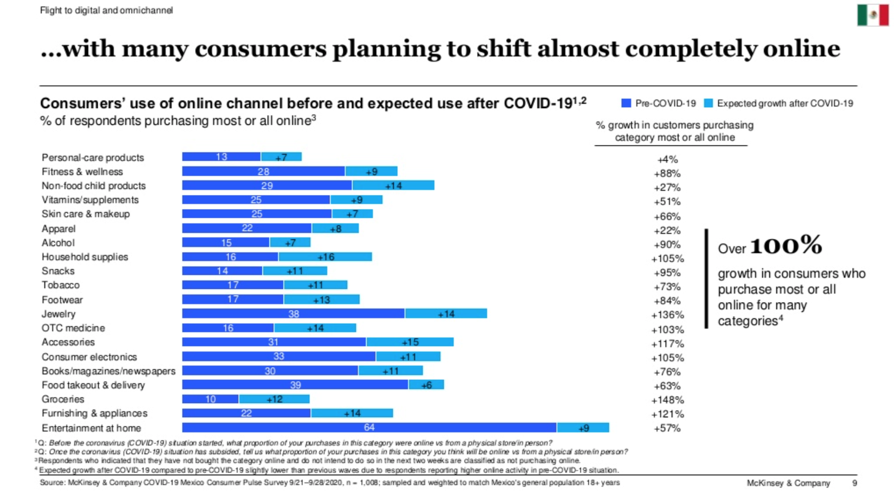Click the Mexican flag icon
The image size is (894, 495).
click(873, 15)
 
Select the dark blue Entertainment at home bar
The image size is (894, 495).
click(369, 428)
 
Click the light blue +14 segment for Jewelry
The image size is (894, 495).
click(446, 314)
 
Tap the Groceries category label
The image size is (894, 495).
click(63, 399)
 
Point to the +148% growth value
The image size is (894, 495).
click(667, 400)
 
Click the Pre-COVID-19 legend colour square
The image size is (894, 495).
click(626, 104)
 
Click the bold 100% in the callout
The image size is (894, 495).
click(786, 246)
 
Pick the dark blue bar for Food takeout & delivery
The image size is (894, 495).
click(295, 385)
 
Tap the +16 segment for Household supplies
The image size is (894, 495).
click(325, 257)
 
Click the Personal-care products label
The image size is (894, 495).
click(92, 158)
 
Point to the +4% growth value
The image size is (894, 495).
click(667, 160)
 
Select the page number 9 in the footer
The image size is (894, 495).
click(855, 483)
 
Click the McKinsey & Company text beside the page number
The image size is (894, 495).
click(788, 483)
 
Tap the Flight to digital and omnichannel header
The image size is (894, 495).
click(106, 10)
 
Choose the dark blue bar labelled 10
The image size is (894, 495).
click(210, 399)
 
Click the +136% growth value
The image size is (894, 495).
click(667, 315)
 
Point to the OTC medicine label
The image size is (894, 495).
click(73, 328)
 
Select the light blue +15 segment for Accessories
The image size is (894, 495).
click(410, 342)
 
